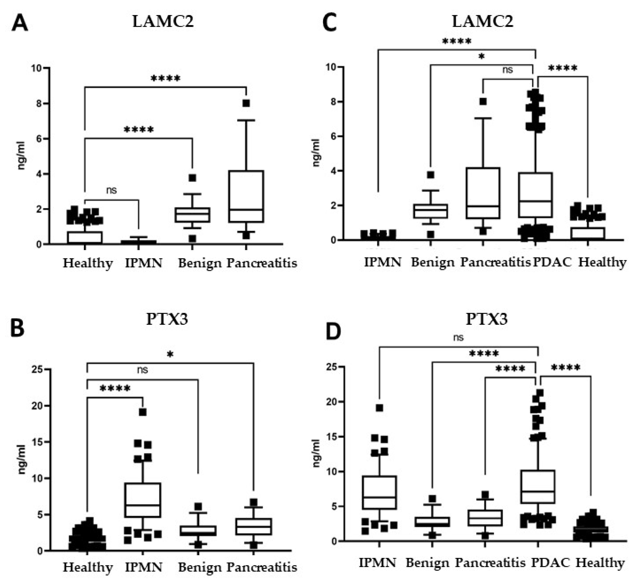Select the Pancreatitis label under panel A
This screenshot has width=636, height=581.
pos(262,263)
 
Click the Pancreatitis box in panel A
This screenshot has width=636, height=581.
pos(246,196)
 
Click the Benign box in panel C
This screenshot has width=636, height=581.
pos(430,211)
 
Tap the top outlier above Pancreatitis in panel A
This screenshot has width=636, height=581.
pos(246,103)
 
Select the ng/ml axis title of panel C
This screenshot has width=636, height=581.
pos(317,153)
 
